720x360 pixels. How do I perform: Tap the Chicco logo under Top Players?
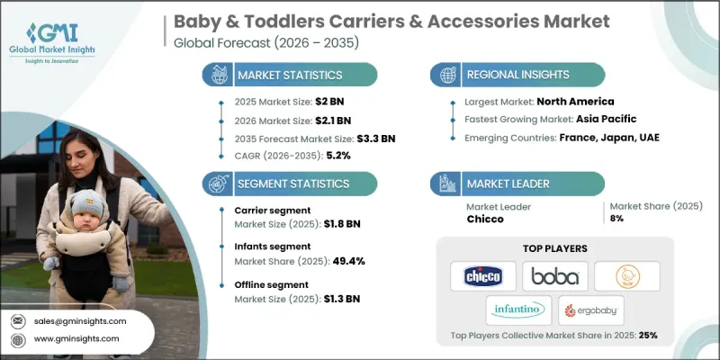pyautogui.click(x=483, y=275)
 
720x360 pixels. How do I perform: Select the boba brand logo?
pyautogui.click(x=554, y=275)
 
